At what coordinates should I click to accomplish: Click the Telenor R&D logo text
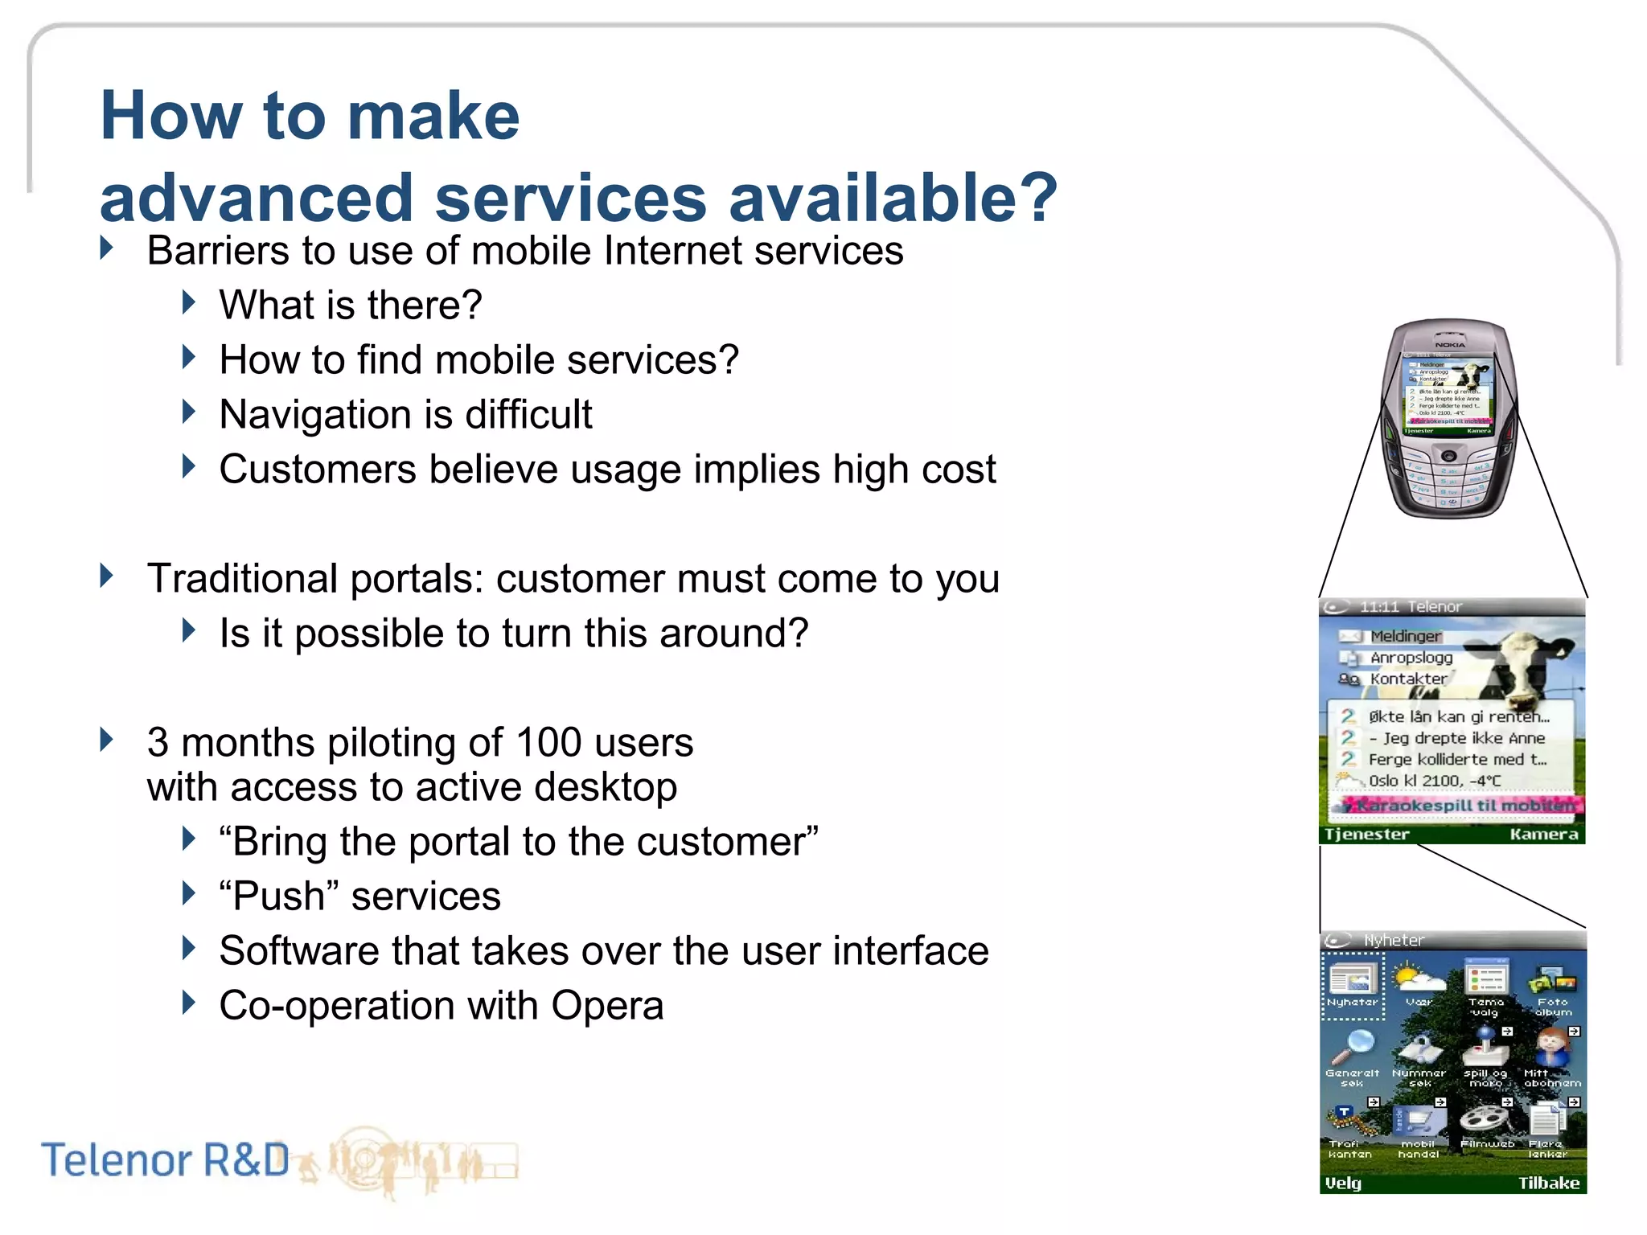click(165, 1160)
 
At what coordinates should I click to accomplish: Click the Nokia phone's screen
click(1448, 394)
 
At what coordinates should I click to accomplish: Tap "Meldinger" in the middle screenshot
click(1406, 636)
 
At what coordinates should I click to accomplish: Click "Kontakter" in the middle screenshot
click(1408, 679)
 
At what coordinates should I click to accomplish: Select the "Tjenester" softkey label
click(1366, 834)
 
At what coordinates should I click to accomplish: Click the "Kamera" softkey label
click(1543, 834)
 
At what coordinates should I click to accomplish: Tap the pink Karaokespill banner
click(1460, 805)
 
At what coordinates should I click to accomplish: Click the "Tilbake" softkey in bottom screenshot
click(1548, 1183)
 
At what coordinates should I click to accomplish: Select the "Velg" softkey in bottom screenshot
click(1344, 1183)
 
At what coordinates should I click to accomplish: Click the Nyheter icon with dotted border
click(1353, 986)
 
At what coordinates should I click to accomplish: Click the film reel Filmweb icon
click(1485, 1119)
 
